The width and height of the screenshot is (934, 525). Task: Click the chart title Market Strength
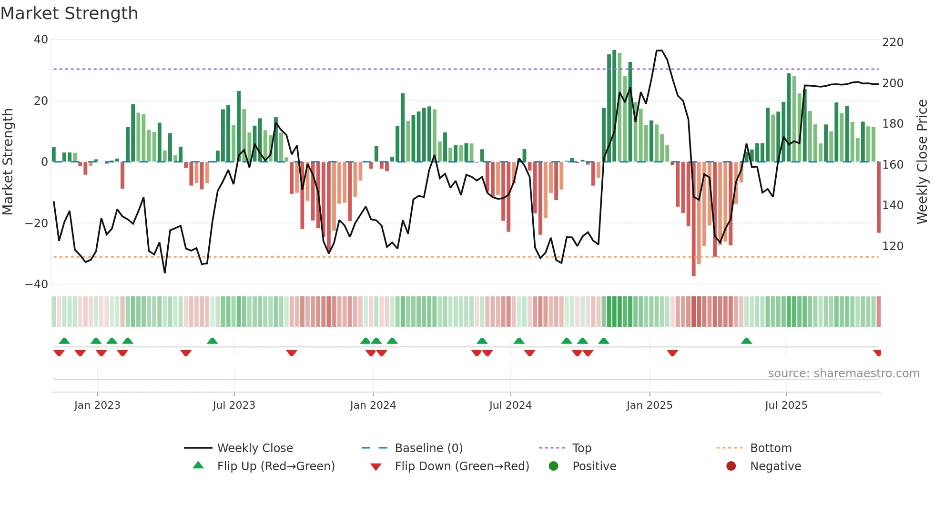click(69, 13)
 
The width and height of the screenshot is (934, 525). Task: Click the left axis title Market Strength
click(8, 162)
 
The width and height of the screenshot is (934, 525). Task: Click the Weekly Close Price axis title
click(922, 162)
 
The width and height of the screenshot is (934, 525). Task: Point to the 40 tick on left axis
click(41, 40)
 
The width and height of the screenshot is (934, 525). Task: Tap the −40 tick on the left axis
click(37, 284)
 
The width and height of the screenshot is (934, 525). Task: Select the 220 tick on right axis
click(893, 42)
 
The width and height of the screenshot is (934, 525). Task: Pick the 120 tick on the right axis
click(893, 246)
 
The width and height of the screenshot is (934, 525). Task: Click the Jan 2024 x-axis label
click(373, 405)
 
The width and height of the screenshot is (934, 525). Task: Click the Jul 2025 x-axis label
click(786, 405)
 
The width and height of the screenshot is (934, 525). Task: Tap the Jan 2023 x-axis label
click(97, 405)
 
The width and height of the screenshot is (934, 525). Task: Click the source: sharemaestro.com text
click(843, 374)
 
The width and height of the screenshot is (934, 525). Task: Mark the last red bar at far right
click(879, 197)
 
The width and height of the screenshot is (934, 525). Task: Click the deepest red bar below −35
click(693, 219)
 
